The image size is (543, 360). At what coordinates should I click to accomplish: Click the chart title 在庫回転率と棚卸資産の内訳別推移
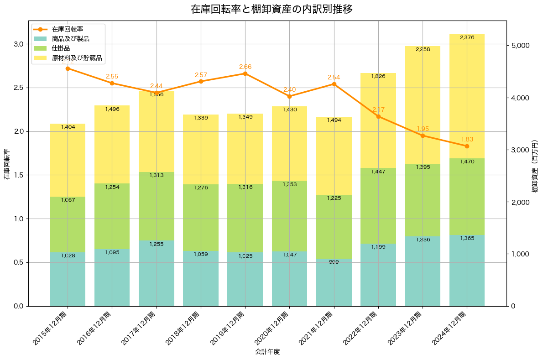pyautogui.click(x=271, y=9)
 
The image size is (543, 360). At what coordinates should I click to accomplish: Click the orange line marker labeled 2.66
pyautogui.click(x=245, y=73)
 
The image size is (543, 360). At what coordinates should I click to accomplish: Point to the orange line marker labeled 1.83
pyautogui.click(x=467, y=146)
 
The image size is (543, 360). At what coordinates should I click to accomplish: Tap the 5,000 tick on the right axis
pyautogui.click(x=520, y=46)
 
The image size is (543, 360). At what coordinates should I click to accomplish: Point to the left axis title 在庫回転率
pyautogui.click(x=6, y=164)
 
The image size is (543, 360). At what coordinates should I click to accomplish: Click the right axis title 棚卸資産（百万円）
pyautogui.click(x=535, y=167)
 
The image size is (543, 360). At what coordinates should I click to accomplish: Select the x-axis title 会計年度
pyautogui.click(x=267, y=352)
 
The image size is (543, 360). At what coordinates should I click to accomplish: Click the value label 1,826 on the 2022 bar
pyautogui.click(x=378, y=76)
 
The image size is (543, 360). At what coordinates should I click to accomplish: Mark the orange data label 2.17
pyautogui.click(x=378, y=110)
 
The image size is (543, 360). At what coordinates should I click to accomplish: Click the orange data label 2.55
pyautogui.click(x=112, y=76)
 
